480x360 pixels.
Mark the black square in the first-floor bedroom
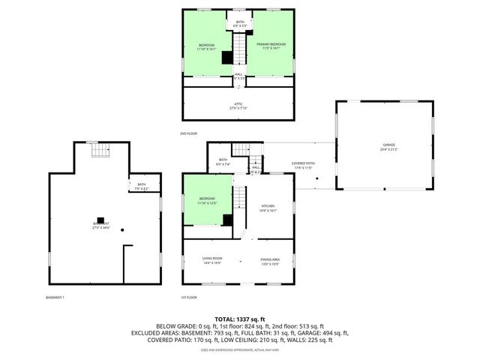(227, 219)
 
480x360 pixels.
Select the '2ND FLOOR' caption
(189, 133)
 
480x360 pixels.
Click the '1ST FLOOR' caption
(189, 298)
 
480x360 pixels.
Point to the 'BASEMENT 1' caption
(55, 298)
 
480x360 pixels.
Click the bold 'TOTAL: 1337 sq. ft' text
(240, 319)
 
